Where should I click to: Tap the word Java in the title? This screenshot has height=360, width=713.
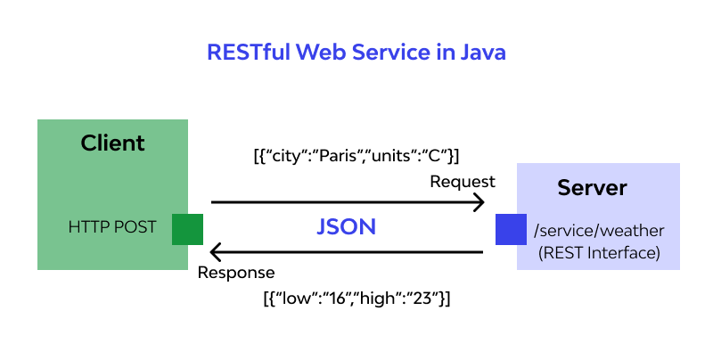pos(482,53)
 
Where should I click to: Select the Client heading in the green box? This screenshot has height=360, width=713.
pos(112,143)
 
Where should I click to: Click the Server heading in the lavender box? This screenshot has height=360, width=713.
pos(592,188)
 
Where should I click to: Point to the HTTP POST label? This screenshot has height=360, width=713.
pos(112,228)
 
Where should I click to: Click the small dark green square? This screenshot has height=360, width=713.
pos(187,229)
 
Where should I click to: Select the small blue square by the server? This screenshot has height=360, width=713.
pos(512,229)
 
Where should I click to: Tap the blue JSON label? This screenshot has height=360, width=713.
pos(347,227)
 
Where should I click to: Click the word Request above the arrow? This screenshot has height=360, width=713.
pos(463,182)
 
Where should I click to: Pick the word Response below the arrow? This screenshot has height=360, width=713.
pos(236,273)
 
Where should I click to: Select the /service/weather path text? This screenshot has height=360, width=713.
pos(599,232)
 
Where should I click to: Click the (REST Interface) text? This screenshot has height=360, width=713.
pos(599,253)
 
